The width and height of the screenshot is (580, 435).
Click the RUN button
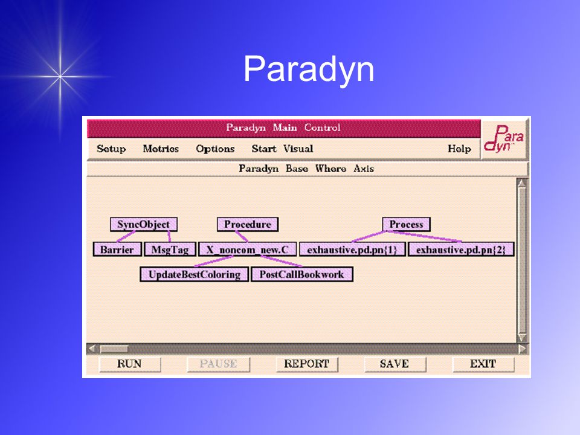(x=130, y=364)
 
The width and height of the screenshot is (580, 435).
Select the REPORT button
(x=307, y=364)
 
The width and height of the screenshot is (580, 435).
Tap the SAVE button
(x=395, y=364)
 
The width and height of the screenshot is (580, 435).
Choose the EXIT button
(x=483, y=364)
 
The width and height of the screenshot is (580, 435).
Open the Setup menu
(x=111, y=149)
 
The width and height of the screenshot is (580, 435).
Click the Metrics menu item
(x=161, y=149)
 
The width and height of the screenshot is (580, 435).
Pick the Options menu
(x=215, y=149)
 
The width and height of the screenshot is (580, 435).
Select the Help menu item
(x=459, y=149)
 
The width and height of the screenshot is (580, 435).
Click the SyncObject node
(x=144, y=225)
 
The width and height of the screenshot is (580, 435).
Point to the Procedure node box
(x=248, y=225)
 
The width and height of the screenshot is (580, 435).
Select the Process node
(x=406, y=225)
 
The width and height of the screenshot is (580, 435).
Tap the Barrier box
(x=117, y=250)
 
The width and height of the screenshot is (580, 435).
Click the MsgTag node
(x=170, y=250)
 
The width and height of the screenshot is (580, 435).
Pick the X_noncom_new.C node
(x=248, y=250)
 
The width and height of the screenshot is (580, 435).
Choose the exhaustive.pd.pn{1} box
(x=352, y=250)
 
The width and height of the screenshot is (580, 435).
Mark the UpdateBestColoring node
(x=194, y=274)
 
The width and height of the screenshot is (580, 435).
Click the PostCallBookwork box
(x=302, y=274)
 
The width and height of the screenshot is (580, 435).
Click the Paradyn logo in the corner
(x=504, y=140)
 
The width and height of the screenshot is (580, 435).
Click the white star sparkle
(x=60, y=77)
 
